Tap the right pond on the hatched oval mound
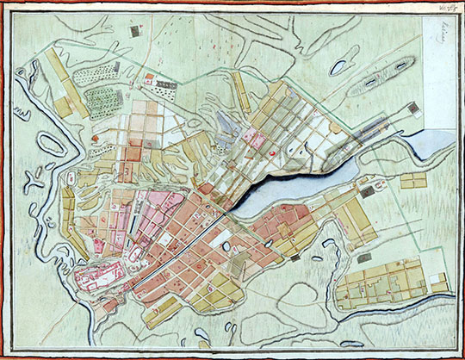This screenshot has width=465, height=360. pos(401,65)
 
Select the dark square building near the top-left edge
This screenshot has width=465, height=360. pos(134,32)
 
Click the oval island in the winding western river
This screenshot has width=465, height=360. pos(50,145)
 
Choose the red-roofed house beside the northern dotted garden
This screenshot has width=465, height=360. pos(150,79)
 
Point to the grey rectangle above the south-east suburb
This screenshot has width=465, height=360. pos(364,257)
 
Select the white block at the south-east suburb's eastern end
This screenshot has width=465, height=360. pos(439,285)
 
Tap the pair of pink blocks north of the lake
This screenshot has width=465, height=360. pos(251,135)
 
